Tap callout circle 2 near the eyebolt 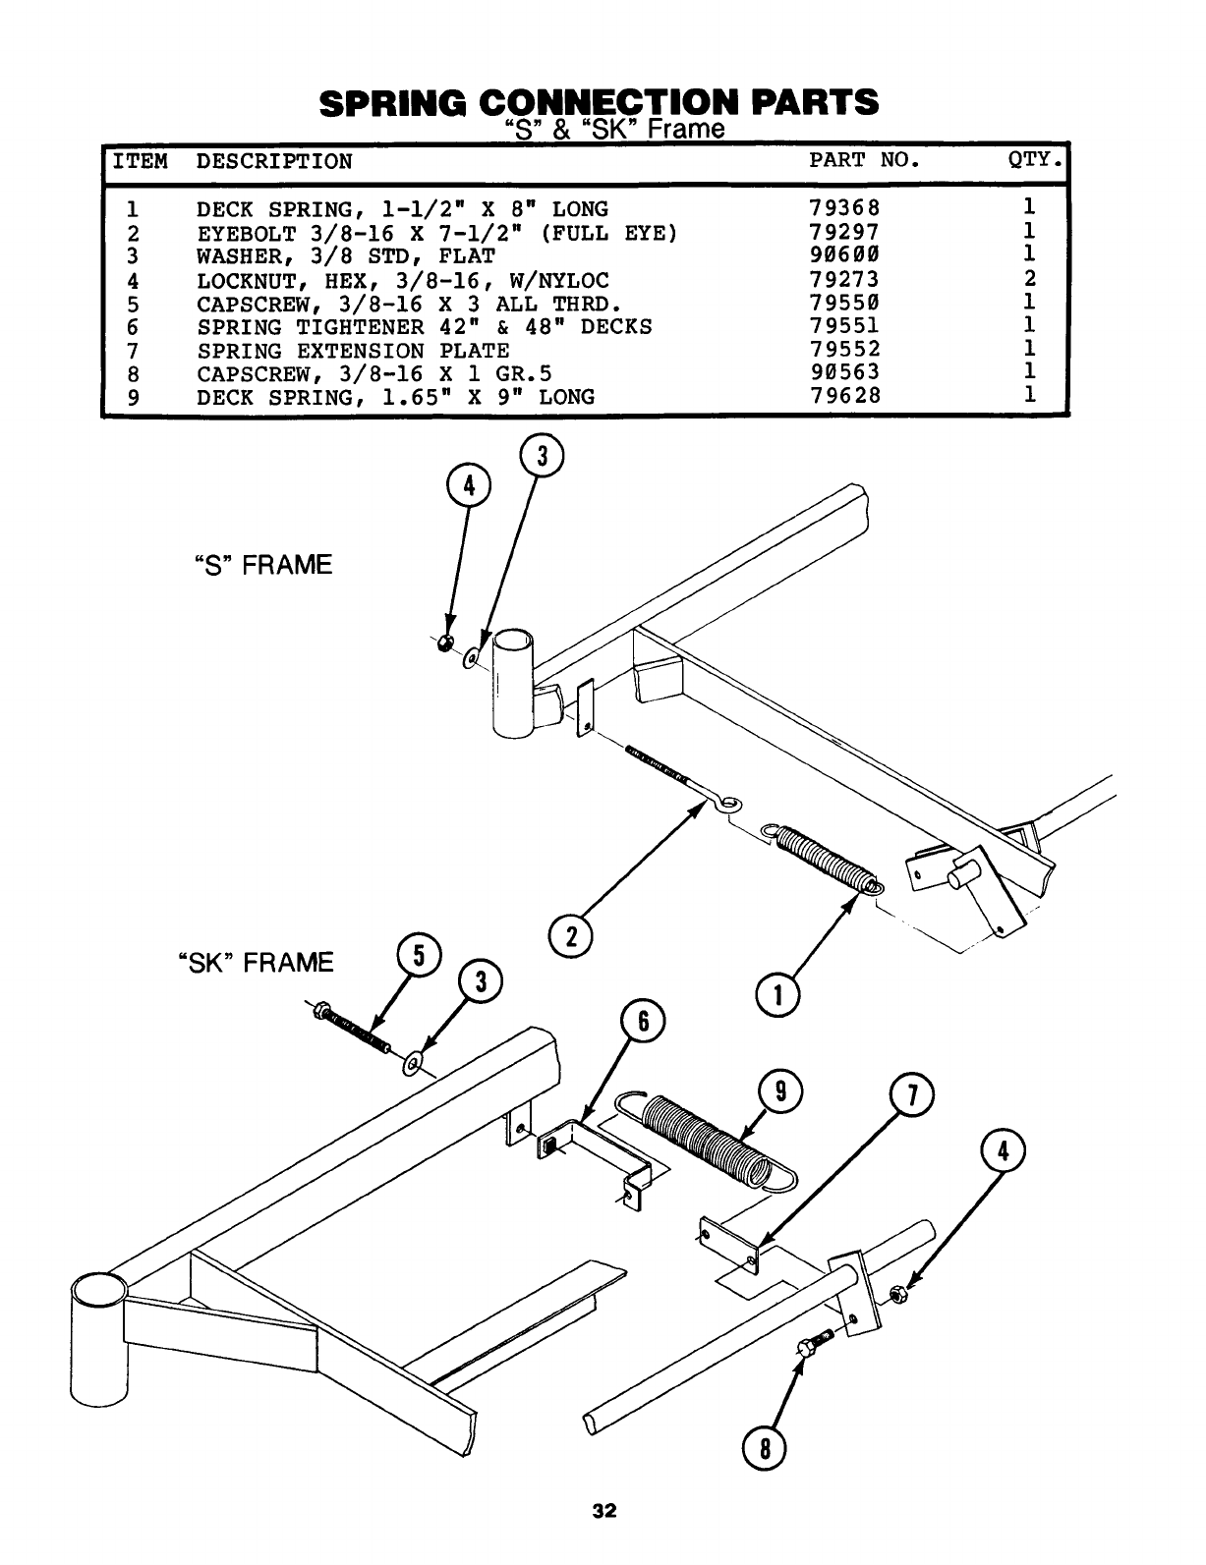click(571, 935)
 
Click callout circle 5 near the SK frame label click(418, 956)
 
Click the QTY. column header click(1036, 161)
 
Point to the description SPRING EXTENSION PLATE click(353, 351)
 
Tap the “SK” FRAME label click(255, 962)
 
